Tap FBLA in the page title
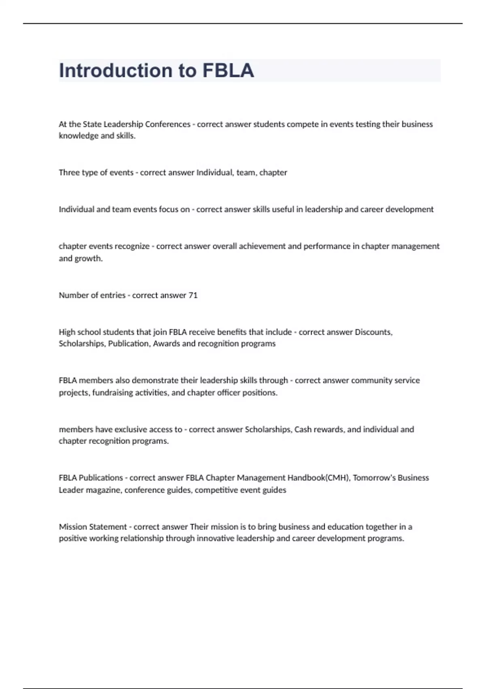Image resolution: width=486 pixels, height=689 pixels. pos(228,71)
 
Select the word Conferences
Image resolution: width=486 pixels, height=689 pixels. pos(167,124)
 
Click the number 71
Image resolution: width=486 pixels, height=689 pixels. pos(193,295)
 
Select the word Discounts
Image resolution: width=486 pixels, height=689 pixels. pos(373,332)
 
